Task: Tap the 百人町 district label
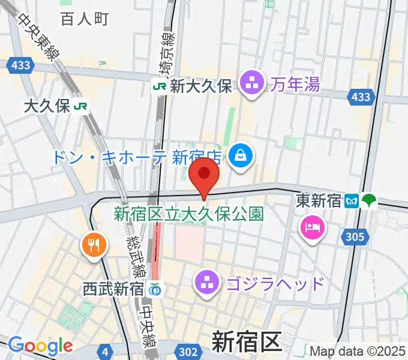click(x=84, y=19)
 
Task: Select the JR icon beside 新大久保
click(x=160, y=86)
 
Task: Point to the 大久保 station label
click(x=47, y=107)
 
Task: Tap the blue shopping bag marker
click(x=241, y=157)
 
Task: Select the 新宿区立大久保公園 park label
click(x=188, y=214)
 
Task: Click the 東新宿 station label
click(x=319, y=202)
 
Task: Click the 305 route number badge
click(x=355, y=238)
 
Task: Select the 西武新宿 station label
click(x=113, y=289)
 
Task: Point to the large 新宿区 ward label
click(x=246, y=343)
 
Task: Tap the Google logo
click(x=40, y=346)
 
